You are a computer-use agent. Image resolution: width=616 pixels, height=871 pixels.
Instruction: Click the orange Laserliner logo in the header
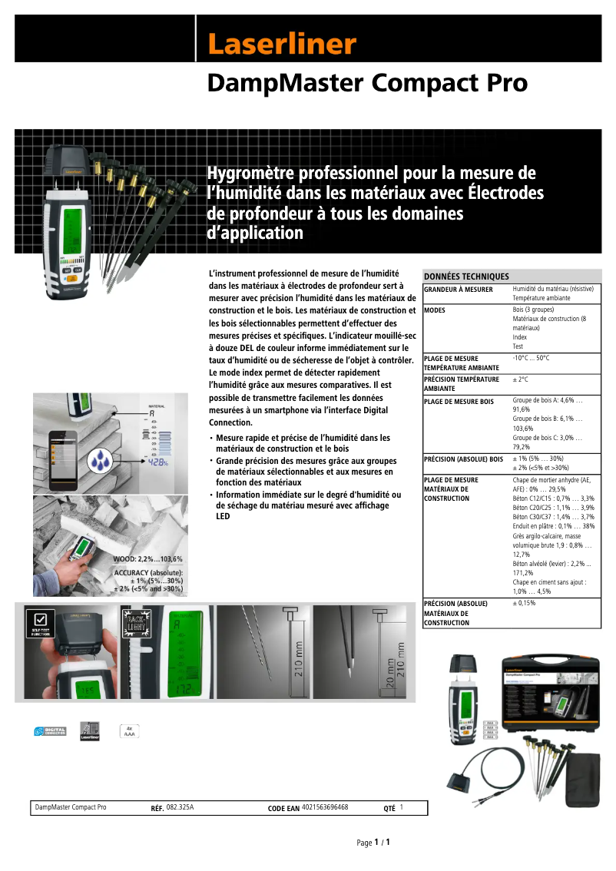pyautogui.click(x=282, y=45)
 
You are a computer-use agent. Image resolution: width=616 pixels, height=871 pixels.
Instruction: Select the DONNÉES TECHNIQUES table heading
pyautogui.click(x=466, y=277)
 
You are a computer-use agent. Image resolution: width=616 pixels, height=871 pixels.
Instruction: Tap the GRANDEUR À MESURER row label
pyautogui.click(x=459, y=290)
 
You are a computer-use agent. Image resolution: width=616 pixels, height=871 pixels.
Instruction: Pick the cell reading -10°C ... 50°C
pyautogui.click(x=531, y=358)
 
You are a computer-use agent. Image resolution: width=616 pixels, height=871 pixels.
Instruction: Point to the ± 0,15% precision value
pyautogui.click(x=524, y=604)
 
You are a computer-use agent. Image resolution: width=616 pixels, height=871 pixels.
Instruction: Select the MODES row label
pyautogui.click(x=435, y=310)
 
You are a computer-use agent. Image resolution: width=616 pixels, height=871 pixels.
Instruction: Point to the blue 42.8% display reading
pyautogui.click(x=159, y=463)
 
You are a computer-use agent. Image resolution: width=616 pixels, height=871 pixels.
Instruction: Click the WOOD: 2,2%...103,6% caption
pyautogui.click(x=147, y=559)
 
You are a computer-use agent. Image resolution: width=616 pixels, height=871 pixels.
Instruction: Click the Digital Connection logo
pyautogui.click(x=50, y=732)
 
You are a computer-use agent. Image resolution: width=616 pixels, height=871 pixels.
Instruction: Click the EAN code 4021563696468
pyautogui.click(x=325, y=807)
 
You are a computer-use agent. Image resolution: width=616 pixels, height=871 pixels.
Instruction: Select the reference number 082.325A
pyautogui.click(x=180, y=807)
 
